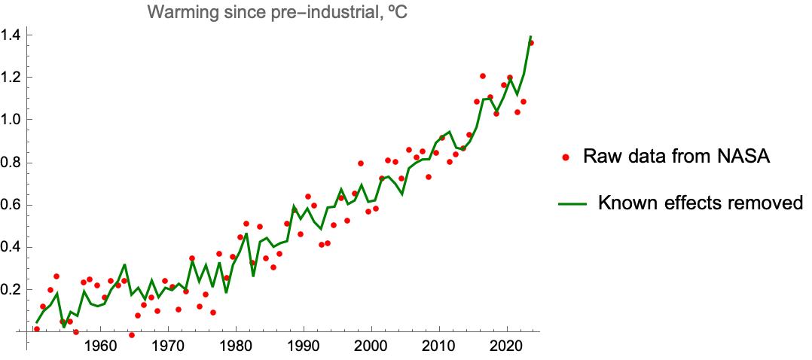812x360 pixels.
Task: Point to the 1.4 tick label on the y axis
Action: click(11, 35)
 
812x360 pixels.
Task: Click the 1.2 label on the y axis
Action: click(11, 77)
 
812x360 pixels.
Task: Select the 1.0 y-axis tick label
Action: click(11, 120)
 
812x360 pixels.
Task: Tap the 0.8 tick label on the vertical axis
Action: click(11, 162)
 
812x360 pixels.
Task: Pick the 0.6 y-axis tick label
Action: click(11, 205)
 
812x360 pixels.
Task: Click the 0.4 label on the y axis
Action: click(11, 247)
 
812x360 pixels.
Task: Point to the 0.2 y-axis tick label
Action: click(11, 290)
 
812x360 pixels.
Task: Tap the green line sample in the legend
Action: click(570, 203)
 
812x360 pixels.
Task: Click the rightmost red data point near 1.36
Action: click(531, 43)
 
